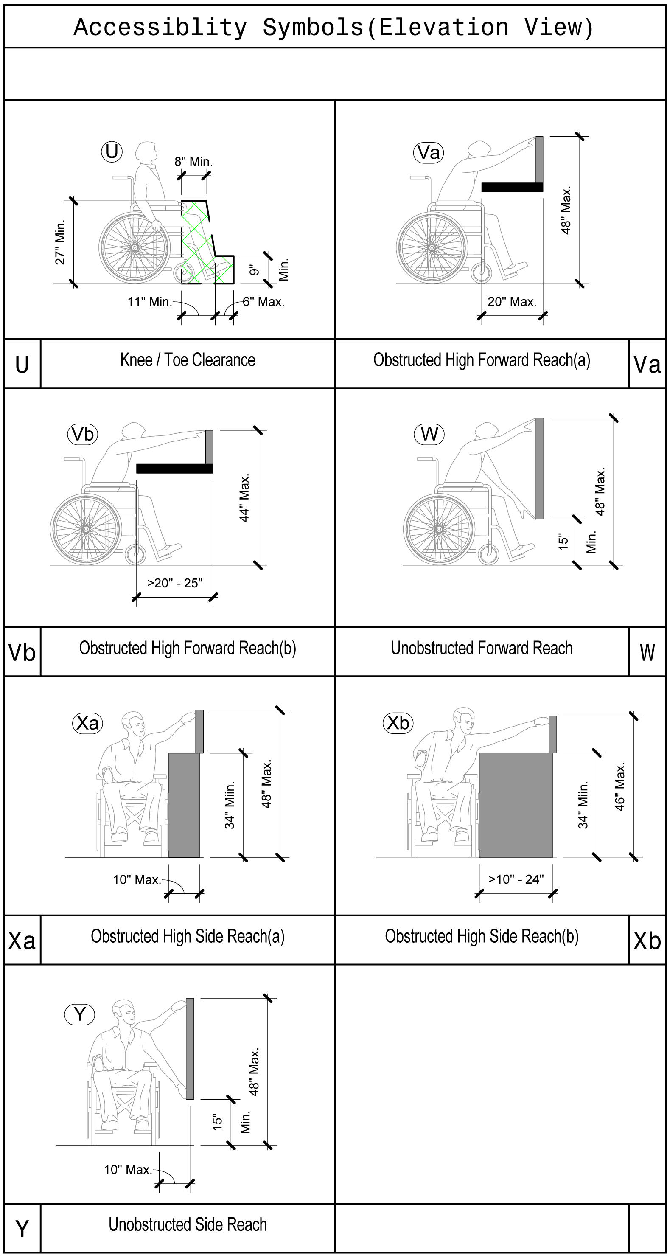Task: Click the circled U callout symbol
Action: pyautogui.click(x=111, y=152)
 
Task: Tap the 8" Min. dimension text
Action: pyautogui.click(x=193, y=162)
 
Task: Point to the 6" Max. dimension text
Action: pyautogui.click(x=263, y=302)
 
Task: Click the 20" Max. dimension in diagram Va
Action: pyautogui.click(x=512, y=302)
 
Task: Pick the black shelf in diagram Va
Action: pyautogui.click(x=512, y=187)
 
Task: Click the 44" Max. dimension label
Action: pyautogui.click(x=245, y=497)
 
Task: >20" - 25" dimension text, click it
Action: pyautogui.click(x=175, y=583)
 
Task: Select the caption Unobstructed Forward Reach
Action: pyautogui.click(x=482, y=648)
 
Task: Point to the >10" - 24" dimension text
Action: pyautogui.click(x=516, y=879)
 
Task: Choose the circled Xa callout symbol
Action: pyautogui.click(x=87, y=723)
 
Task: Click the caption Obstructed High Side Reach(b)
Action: pyautogui.click(x=482, y=936)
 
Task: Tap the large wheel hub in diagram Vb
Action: pyautogui.click(x=86, y=529)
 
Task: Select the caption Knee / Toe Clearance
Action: pyautogui.click(x=188, y=360)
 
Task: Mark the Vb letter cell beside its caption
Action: pyautogui.click(x=22, y=652)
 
